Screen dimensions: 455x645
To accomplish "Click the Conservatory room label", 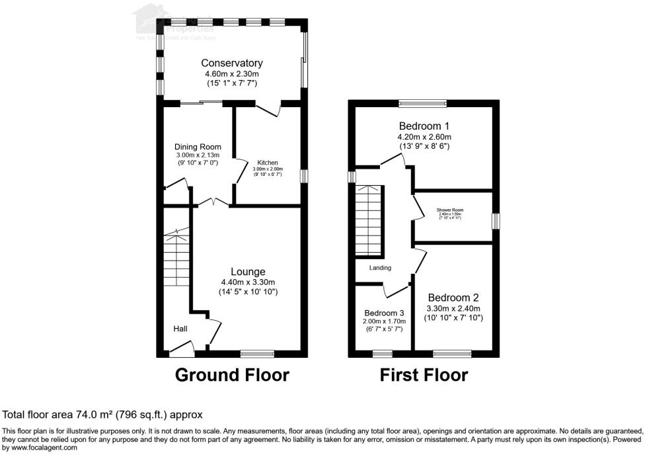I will click(232, 63).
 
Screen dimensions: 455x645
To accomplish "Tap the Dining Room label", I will click(198, 147).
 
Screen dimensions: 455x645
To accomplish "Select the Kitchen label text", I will click(268, 163).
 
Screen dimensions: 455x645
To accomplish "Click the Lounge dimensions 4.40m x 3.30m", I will click(248, 282).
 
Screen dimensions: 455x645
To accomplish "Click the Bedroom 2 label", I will click(453, 298).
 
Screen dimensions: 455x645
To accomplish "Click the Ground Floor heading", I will click(232, 375).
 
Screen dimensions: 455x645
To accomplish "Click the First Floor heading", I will click(424, 375).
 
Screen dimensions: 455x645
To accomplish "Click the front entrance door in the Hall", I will click(180, 347).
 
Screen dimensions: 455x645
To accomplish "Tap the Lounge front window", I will click(258, 353).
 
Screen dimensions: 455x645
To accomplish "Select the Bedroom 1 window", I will click(423, 103).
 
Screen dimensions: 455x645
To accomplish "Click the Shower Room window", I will click(496, 221).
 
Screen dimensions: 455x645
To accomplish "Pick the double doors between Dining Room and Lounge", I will click(211, 202).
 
